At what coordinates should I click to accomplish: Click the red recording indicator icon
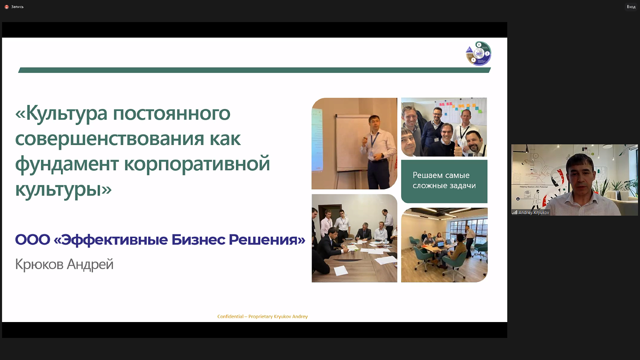(6, 7)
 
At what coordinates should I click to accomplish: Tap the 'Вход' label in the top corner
(631, 7)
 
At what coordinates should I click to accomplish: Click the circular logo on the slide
(478, 54)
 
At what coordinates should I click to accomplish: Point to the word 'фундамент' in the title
(67, 164)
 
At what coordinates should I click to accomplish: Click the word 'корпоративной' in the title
(197, 164)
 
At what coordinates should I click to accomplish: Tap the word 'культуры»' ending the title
(63, 189)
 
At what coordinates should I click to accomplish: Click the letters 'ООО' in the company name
(32, 240)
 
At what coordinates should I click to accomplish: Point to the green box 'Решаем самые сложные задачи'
(444, 181)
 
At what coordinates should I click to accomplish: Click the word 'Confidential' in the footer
(230, 316)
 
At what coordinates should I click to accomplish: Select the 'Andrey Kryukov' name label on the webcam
(533, 212)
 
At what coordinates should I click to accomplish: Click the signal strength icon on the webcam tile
(515, 212)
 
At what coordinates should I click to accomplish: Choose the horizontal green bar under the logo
(254, 70)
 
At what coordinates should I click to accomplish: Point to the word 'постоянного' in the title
(172, 113)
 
